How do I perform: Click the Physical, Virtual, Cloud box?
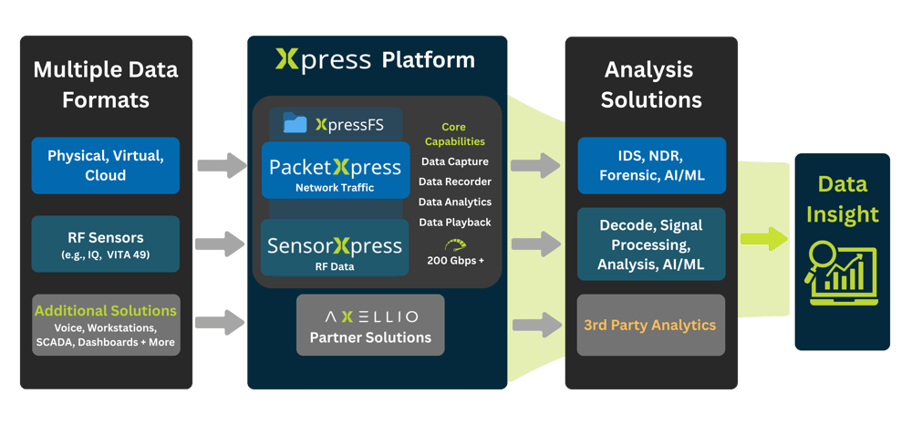(x=106, y=165)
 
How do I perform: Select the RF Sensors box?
(x=106, y=244)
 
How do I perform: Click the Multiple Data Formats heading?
(x=106, y=84)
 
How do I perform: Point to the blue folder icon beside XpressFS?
(x=295, y=123)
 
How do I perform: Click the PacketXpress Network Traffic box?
(x=335, y=172)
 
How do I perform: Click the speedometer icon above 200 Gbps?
(x=455, y=244)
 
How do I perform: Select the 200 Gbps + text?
(x=455, y=261)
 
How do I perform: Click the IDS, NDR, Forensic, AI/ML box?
(x=652, y=165)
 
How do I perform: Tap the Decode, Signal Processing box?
(x=652, y=244)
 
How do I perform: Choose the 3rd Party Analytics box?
(x=652, y=325)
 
